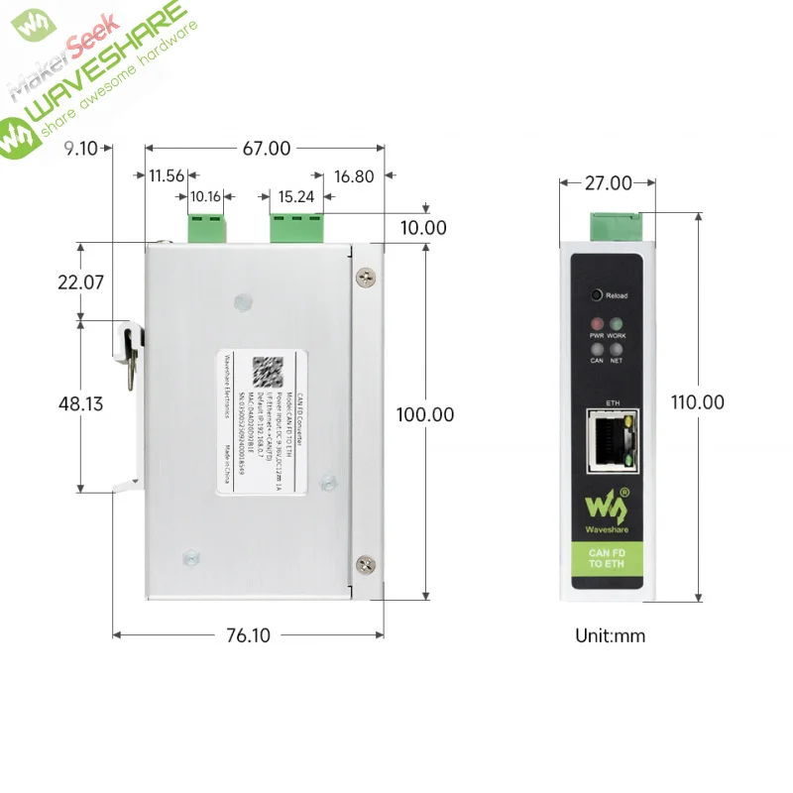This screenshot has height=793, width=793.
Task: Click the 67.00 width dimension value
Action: [x=267, y=149]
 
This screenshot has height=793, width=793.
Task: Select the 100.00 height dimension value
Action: [x=426, y=414]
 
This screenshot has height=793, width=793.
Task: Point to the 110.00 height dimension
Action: [x=696, y=402]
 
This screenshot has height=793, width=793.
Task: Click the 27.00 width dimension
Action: [x=608, y=183]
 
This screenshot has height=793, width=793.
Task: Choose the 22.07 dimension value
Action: [x=80, y=282]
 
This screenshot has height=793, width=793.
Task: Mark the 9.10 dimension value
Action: [x=80, y=150]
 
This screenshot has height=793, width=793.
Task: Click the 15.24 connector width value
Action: [x=296, y=197]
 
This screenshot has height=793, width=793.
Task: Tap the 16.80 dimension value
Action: [x=355, y=177]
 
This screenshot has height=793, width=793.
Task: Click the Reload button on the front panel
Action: [x=597, y=294]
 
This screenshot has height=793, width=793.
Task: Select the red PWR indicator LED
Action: [x=597, y=324]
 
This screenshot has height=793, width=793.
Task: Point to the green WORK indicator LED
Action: [x=617, y=324]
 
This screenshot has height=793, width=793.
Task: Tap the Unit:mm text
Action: [x=610, y=635]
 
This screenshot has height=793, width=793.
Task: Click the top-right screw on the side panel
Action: [x=366, y=278]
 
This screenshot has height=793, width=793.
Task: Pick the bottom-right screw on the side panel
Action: [x=366, y=564]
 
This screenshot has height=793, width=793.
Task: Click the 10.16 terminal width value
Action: [x=206, y=197]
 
